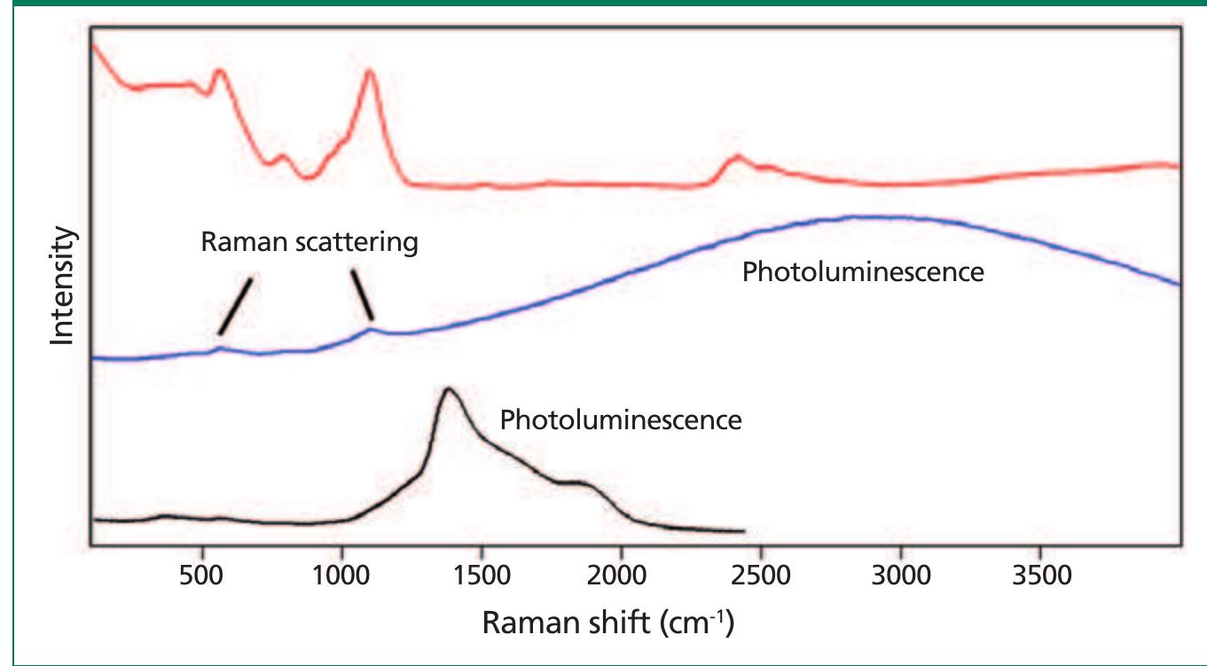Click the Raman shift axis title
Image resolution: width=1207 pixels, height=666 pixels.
(607, 622)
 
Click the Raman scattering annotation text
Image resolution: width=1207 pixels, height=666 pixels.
(309, 242)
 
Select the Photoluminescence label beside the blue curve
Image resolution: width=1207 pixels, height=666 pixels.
(863, 271)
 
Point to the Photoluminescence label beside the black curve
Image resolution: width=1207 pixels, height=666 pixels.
(621, 419)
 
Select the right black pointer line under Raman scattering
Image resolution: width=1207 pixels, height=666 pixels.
(362, 294)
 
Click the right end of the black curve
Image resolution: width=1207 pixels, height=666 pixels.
(742, 531)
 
